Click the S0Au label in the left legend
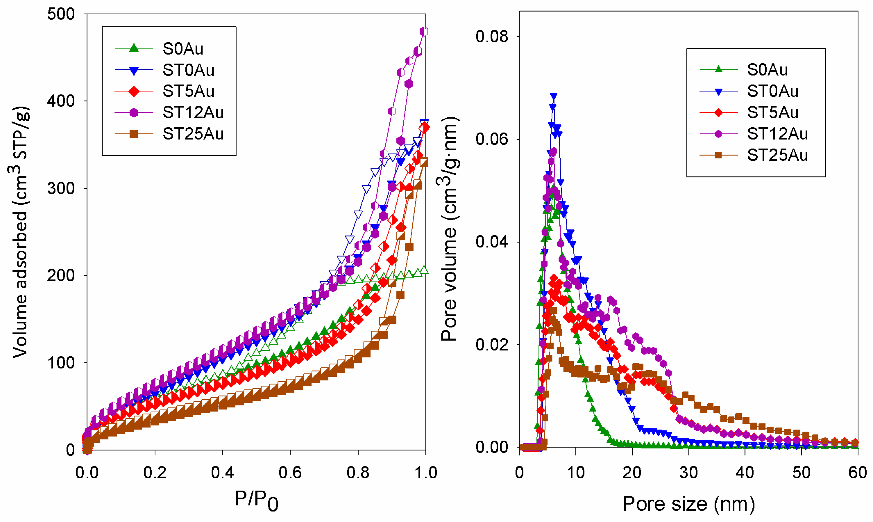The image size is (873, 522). [183, 49]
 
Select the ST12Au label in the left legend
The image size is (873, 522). [193, 112]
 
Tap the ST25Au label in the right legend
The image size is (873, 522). [777, 155]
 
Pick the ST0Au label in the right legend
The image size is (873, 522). [772, 91]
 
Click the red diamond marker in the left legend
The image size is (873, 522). [134, 91]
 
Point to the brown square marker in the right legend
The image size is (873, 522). [718, 155]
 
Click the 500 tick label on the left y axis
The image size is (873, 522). [61, 14]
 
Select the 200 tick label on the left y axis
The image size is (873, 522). [61, 276]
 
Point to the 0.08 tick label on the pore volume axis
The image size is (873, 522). [492, 36]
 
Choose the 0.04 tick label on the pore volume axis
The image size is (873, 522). [492, 242]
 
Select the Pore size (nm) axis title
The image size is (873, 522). [689, 504]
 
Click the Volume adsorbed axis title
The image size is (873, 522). [20, 232]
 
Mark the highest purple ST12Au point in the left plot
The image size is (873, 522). [424, 32]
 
